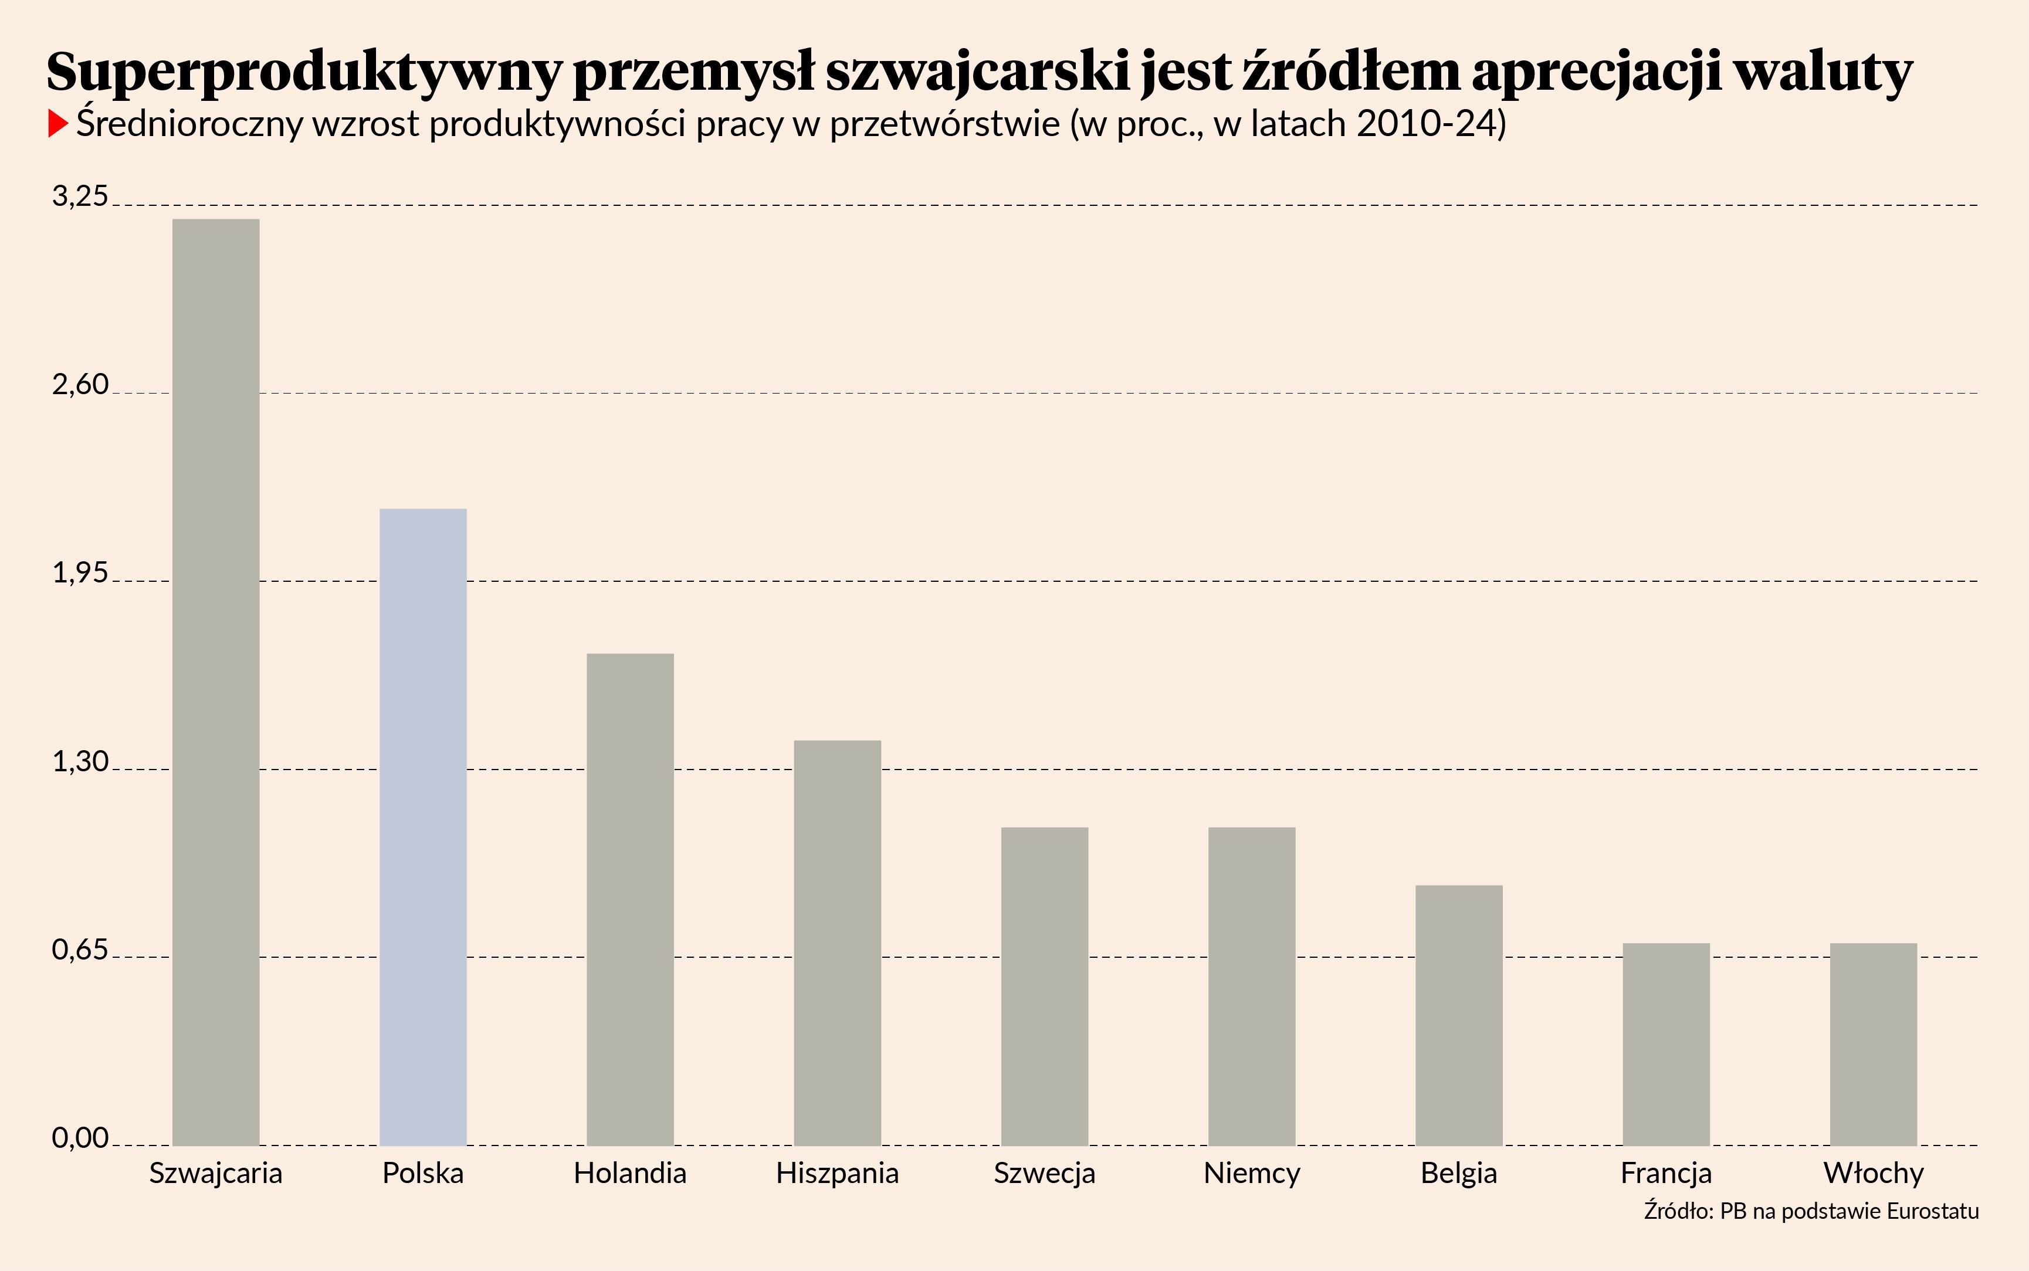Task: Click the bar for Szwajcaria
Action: (x=216, y=681)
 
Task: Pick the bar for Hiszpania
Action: (x=837, y=943)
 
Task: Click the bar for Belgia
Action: (x=1459, y=1015)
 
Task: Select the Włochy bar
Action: (x=1874, y=1044)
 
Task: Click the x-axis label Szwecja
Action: (x=1045, y=1172)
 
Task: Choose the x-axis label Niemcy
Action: (x=1252, y=1172)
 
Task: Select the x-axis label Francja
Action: (x=1666, y=1172)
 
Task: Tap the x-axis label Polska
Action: (x=423, y=1172)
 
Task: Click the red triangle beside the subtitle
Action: (x=57, y=124)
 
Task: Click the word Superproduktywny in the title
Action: (x=303, y=72)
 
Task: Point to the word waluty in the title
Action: (x=1823, y=72)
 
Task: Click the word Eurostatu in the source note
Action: (x=1932, y=1211)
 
